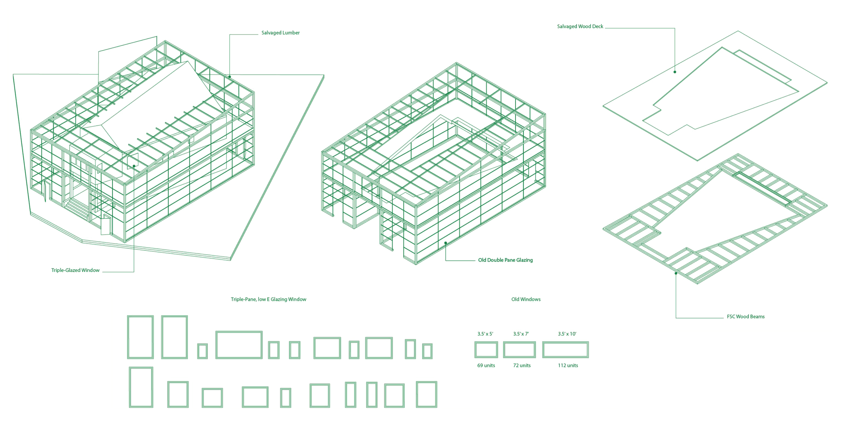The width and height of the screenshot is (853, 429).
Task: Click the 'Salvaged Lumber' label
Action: point(280,33)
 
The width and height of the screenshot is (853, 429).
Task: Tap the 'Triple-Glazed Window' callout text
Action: point(75,270)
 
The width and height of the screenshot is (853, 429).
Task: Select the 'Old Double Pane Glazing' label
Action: point(505,260)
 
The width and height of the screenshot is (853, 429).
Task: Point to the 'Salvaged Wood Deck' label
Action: point(580,26)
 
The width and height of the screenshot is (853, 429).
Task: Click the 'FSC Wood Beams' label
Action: point(746,317)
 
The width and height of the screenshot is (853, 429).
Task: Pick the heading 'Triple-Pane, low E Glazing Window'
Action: point(269,299)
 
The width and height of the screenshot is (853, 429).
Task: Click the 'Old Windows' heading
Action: point(526,299)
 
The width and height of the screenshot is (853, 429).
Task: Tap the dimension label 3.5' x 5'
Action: point(485,334)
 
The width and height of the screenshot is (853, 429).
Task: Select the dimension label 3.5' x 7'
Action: point(521,334)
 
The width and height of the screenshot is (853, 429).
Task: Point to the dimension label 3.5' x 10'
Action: point(567,334)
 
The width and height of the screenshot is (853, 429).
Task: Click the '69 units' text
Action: point(486,365)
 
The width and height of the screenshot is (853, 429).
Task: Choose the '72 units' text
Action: point(522,365)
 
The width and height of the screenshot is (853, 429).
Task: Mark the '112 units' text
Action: point(568,365)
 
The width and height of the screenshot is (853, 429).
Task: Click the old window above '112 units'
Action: point(565,350)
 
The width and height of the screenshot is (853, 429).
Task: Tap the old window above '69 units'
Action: point(486,350)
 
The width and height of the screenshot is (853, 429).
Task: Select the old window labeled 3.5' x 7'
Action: point(519,350)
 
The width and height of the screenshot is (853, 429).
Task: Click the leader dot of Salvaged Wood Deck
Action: point(675,72)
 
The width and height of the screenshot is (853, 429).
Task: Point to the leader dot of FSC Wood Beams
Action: point(676,273)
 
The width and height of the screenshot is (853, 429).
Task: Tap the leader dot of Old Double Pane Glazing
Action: point(446,243)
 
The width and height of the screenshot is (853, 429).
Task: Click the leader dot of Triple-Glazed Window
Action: point(134,166)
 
